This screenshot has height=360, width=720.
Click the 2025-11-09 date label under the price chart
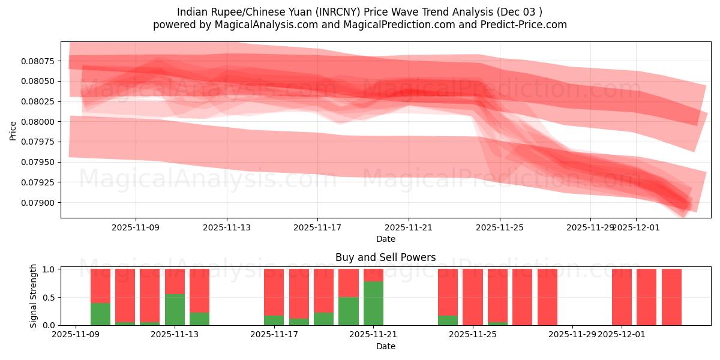tap(136, 227)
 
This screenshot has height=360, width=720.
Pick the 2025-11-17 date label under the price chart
tap(317, 227)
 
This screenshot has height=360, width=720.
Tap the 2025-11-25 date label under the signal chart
tap(473, 335)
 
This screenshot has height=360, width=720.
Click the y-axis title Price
tap(13, 130)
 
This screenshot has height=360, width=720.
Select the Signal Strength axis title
tap(34, 296)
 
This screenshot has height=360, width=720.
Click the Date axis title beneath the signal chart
tap(385, 346)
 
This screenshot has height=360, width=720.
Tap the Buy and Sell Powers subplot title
tap(385, 258)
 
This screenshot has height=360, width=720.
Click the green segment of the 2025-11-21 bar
tap(373, 303)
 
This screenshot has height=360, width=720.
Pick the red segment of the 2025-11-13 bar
tap(175, 281)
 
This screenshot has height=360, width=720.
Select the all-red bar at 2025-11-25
tap(473, 297)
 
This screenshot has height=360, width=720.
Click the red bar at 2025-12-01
tap(622, 297)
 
